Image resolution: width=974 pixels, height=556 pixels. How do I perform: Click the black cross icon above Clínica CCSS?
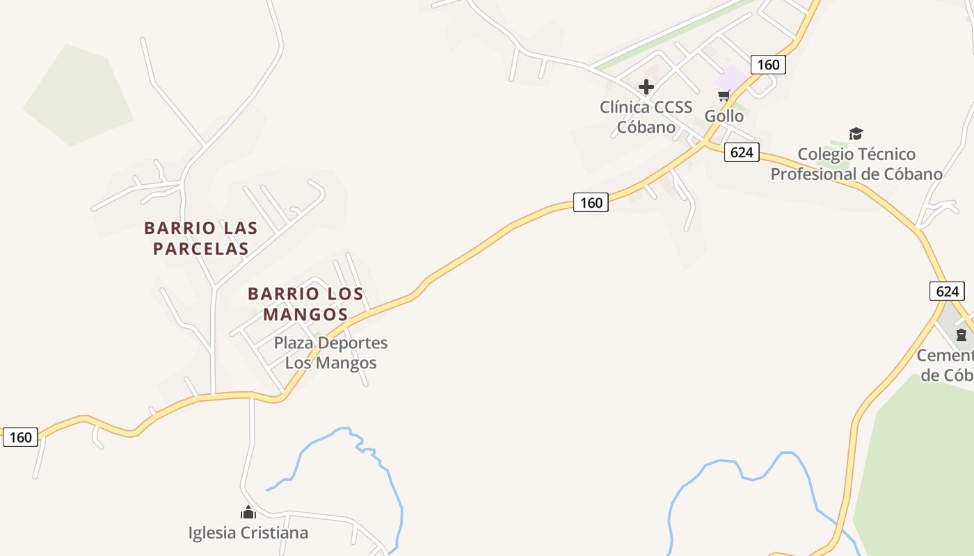tap(646, 87)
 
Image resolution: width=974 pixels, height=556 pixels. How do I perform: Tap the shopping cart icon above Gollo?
tap(724, 95)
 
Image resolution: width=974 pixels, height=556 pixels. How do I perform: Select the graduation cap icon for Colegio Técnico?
tap(856, 133)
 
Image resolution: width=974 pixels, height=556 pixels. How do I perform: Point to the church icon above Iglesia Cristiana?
tap(248, 513)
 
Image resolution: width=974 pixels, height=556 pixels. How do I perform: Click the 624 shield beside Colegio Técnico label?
tap(742, 152)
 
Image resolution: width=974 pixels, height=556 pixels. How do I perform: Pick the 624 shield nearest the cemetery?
tap(947, 291)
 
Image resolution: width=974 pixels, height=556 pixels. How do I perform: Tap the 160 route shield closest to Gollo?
tap(768, 65)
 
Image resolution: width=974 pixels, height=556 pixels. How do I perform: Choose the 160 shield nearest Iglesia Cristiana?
tap(21, 437)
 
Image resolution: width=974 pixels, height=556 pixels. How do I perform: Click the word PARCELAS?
tap(201, 249)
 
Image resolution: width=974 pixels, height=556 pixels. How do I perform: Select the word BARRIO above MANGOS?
tap(277, 294)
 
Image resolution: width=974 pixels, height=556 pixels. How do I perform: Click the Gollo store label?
tap(724, 116)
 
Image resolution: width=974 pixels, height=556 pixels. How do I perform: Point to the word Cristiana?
tap(274, 533)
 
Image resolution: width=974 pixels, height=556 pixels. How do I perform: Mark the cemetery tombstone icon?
tap(961, 336)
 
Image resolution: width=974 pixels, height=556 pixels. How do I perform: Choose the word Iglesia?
tap(212, 533)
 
